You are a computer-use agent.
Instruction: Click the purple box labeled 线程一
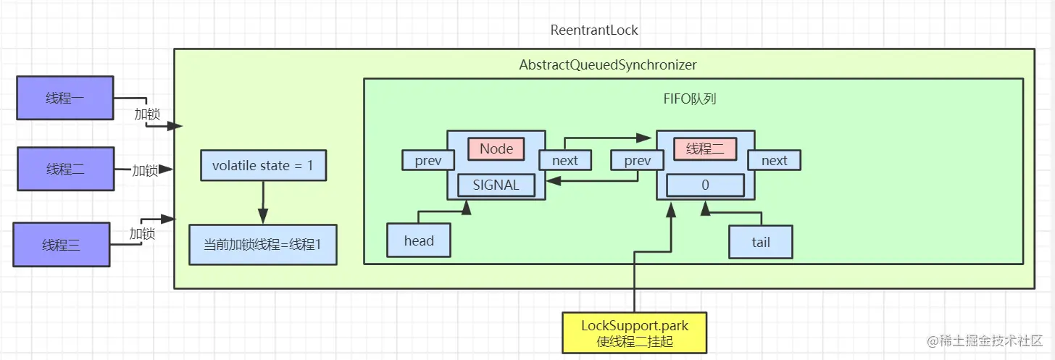click(64, 98)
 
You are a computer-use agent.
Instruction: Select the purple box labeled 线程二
click(66, 169)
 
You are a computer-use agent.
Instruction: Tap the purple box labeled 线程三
click(62, 245)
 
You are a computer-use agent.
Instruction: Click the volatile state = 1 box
click(263, 166)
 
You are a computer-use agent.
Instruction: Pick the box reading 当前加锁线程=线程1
click(263, 244)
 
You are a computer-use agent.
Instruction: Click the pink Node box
click(496, 149)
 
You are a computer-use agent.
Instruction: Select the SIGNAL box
click(496, 185)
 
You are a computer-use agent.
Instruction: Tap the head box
click(419, 240)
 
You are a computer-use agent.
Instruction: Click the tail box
click(761, 242)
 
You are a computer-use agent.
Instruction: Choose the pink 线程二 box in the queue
click(706, 149)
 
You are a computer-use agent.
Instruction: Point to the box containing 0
click(705, 185)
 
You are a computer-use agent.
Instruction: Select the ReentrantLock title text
click(594, 30)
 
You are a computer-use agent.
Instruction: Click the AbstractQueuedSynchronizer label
click(608, 65)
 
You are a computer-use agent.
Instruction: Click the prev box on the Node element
click(428, 160)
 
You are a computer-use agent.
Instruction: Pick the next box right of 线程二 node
click(774, 160)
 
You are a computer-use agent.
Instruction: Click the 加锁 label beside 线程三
click(142, 233)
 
